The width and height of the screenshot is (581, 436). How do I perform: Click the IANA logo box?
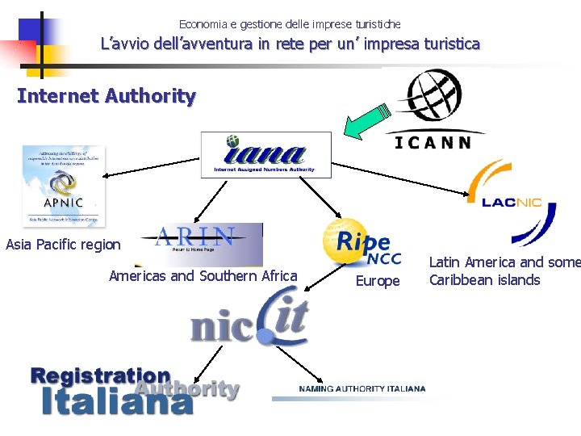[x=265, y=155]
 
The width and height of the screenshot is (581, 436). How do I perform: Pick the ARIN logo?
[x=199, y=243]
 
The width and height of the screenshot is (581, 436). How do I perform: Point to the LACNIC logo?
[x=512, y=202]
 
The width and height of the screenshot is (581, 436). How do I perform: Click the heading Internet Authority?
[x=107, y=96]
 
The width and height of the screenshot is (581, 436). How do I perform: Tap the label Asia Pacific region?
[x=63, y=245]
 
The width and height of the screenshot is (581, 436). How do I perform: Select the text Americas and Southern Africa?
[x=203, y=276]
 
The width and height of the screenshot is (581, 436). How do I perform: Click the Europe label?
[x=378, y=281]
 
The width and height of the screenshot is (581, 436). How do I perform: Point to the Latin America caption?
[x=504, y=271]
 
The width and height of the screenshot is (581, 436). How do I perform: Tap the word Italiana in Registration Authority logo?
[x=111, y=401]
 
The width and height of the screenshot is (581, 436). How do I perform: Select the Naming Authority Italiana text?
[x=362, y=389]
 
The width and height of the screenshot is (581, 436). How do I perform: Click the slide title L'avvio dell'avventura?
[x=290, y=44]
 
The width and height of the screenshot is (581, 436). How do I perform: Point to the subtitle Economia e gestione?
[x=290, y=24]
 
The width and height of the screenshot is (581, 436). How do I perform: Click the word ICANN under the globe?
[x=433, y=142]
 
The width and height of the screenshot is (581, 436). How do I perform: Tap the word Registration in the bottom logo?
[x=100, y=375]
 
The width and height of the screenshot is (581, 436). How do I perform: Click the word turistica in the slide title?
[x=448, y=44]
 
